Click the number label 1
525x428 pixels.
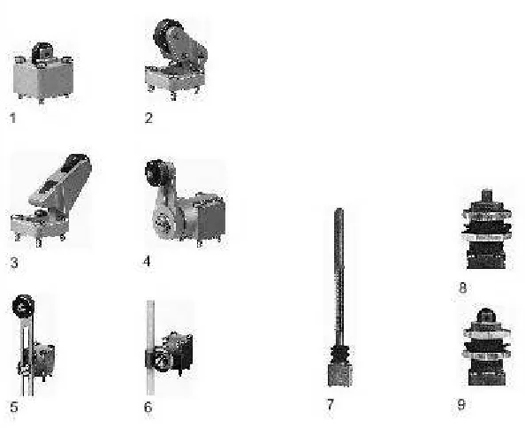tap(12, 118)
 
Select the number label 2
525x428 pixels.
tap(148, 118)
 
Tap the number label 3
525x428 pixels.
tap(14, 263)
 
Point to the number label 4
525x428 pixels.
tap(147, 261)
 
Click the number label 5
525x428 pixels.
tap(14, 408)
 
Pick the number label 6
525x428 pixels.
tap(148, 407)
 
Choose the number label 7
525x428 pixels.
tap(331, 404)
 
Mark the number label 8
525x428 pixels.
tap(463, 288)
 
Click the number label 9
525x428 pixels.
tap(461, 404)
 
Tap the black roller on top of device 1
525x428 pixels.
tap(42, 52)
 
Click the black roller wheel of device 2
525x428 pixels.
tap(166, 33)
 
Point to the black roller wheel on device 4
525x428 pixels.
tap(156, 172)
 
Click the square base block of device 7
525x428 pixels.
tap(339, 375)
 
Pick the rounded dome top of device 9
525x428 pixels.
tap(486, 315)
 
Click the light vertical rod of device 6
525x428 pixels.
tap(150, 348)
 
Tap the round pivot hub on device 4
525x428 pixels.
tap(164, 220)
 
